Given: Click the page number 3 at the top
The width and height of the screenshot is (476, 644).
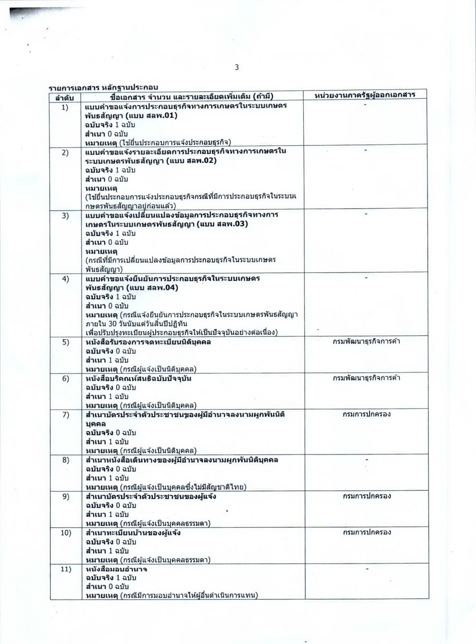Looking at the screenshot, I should pos(237,67).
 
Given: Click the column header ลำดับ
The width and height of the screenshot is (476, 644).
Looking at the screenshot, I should pos(65,97).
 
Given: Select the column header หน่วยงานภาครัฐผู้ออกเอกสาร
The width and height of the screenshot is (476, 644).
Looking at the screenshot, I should pos(365,95).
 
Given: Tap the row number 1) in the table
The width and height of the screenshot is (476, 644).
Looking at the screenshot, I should pos(65,107).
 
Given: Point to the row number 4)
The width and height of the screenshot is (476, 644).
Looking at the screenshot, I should pos(65,279).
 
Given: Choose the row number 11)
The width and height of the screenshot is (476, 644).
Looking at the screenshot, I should pos(66,569).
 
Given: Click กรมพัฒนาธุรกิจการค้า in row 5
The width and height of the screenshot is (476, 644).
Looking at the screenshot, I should pos(366,342).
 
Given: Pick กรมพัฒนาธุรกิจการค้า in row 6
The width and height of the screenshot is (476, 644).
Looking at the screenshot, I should pos(366,378).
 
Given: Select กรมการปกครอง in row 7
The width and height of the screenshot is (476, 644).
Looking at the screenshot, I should pos(366,414).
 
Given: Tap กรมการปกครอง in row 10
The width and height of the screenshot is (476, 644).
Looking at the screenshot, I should pos(366,532).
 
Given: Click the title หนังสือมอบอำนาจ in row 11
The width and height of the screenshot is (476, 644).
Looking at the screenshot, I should pos(116,569).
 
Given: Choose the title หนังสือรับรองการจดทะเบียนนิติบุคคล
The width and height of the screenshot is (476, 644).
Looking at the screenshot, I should pos(149,342).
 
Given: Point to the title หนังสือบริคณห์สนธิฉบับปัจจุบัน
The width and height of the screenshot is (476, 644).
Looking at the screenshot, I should pos(139,378).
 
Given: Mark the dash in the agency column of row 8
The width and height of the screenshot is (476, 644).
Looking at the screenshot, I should pos(366,459).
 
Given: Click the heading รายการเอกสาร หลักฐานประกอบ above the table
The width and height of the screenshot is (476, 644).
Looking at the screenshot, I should pos(103,87).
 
